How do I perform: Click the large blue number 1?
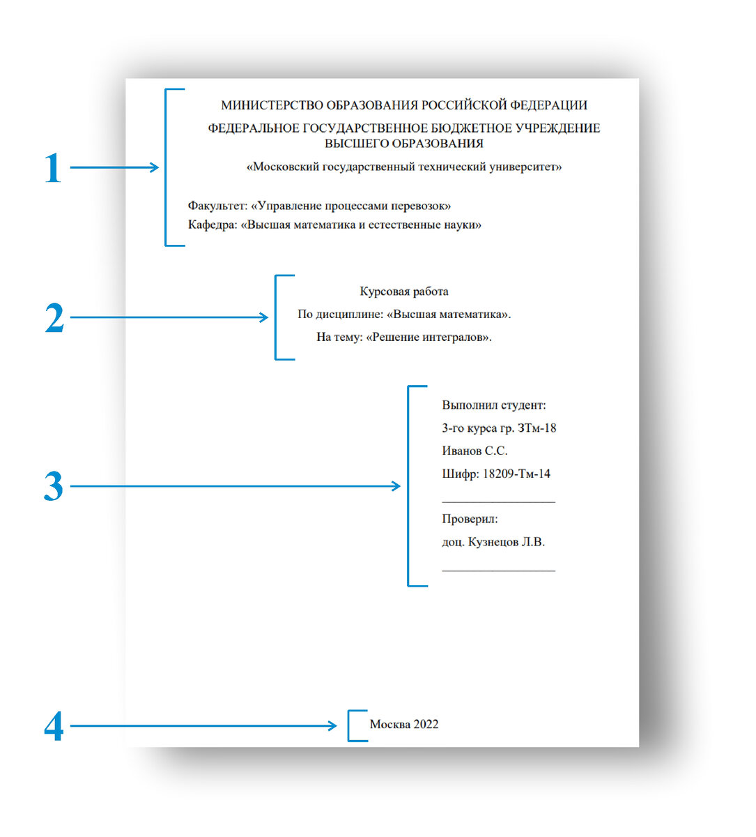click(53, 168)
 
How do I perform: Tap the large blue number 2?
click(54, 318)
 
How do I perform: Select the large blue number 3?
click(54, 487)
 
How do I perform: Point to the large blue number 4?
click(54, 726)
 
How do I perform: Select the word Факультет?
click(217, 206)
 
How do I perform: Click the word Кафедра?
click(211, 225)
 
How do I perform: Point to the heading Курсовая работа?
click(404, 292)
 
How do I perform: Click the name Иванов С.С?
click(475, 451)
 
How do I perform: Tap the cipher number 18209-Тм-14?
click(516, 474)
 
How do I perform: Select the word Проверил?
click(470, 520)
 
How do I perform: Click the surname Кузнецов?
click(493, 542)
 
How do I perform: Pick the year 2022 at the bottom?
click(426, 725)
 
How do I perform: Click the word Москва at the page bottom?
click(389, 725)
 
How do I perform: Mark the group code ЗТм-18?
click(537, 428)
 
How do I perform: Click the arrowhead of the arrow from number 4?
click(333, 726)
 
